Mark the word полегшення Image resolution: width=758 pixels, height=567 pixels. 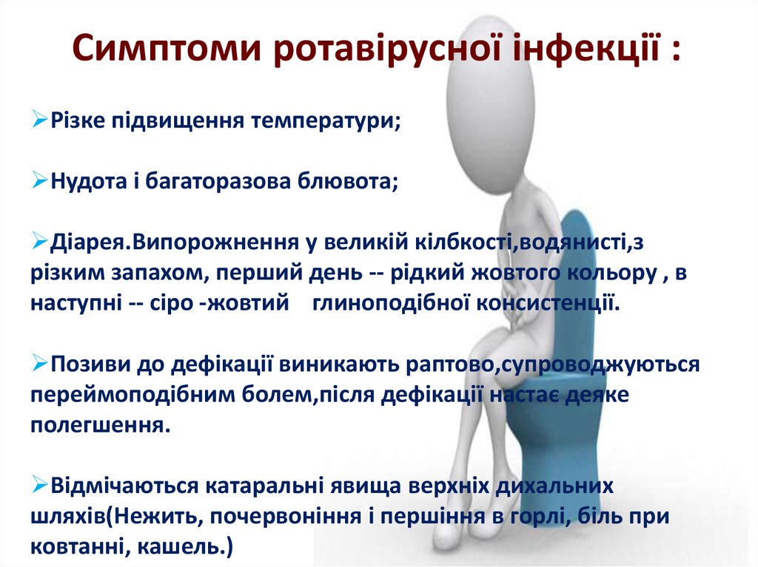[x=93, y=425]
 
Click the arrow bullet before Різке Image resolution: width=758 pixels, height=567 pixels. [x=41, y=120]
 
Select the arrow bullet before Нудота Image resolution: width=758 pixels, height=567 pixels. [x=41, y=181]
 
